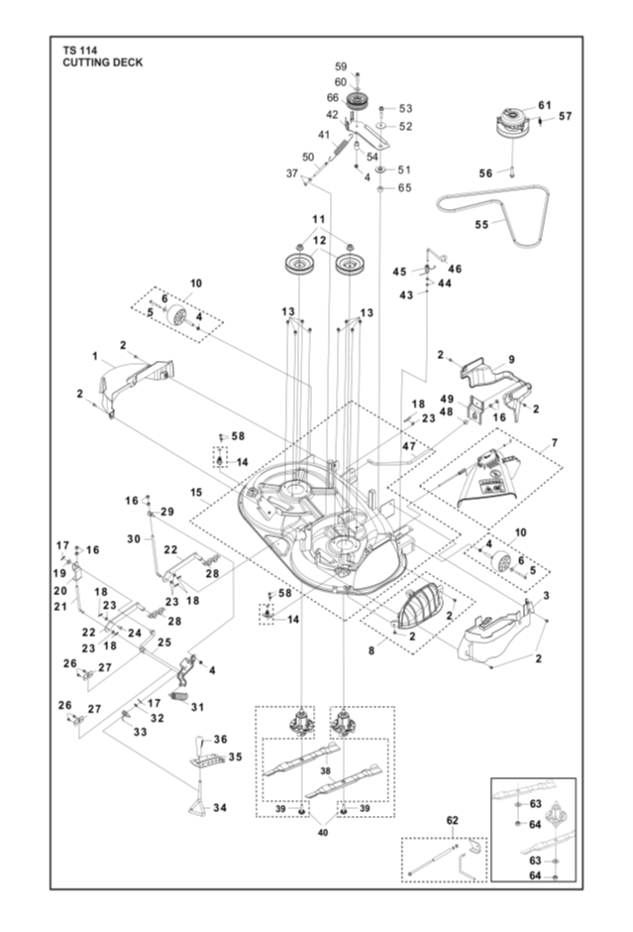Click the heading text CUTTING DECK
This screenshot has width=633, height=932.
pos(103,62)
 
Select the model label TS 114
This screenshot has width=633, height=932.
pos(79,50)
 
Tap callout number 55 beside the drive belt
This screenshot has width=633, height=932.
pos(481,224)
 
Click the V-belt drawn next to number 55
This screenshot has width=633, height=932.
pos(494,213)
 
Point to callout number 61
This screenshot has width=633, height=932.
pos(545,105)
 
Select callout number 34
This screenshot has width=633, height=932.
pos(220,807)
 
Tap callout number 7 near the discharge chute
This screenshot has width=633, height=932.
pos(555,442)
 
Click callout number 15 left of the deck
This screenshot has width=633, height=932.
pos(196,492)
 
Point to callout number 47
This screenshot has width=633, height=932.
pos(408,446)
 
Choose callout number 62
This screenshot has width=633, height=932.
pos(452,820)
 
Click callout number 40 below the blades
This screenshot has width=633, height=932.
pos(322,833)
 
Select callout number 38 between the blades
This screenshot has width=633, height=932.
pos(325,771)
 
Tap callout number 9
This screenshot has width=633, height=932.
pos(511,359)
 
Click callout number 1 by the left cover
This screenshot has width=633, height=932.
pos(95,355)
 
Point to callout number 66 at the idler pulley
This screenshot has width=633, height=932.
pos(333,97)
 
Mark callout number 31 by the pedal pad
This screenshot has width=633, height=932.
pos(197,707)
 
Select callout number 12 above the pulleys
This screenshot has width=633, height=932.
pos(319,240)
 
